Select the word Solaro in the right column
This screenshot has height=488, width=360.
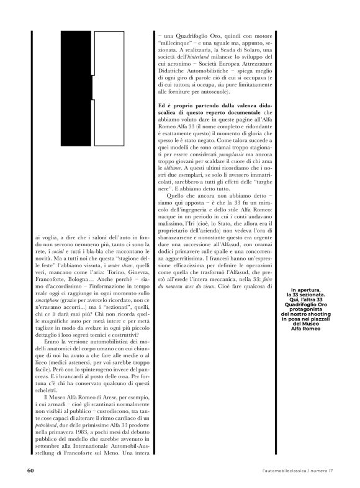coord(246,49)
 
